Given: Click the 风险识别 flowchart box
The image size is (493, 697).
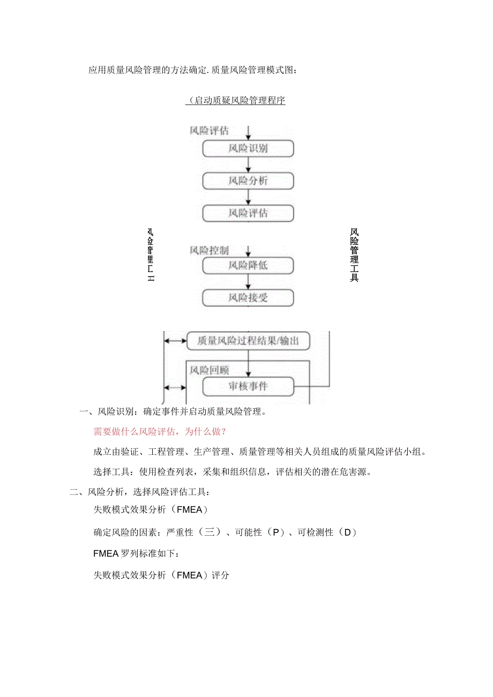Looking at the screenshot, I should (x=248, y=148).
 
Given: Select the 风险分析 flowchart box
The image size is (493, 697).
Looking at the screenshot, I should (x=248, y=181).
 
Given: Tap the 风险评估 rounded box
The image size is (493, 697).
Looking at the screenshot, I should (x=248, y=213).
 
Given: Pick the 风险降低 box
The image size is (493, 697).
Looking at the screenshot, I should (x=248, y=265).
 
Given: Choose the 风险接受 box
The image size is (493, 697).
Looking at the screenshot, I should (x=248, y=297).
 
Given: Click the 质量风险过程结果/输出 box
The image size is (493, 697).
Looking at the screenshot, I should (x=248, y=340).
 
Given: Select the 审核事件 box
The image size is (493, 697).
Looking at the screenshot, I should (x=248, y=386).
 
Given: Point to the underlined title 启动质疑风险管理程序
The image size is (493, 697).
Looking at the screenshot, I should (x=235, y=101).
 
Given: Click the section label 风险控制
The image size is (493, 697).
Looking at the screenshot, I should (x=209, y=250).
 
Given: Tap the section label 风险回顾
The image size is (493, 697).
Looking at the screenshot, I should (x=209, y=370).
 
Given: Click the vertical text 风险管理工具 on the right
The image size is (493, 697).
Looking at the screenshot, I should (x=354, y=255).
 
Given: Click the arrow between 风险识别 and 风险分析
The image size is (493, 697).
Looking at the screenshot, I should (x=248, y=165).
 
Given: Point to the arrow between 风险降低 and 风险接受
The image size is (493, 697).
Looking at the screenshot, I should (x=248, y=281).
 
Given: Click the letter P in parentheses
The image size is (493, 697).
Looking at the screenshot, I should (x=276, y=532).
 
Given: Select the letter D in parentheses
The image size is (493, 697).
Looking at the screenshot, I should (x=347, y=532).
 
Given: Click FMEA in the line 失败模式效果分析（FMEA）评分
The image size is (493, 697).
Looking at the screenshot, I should (x=190, y=575).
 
